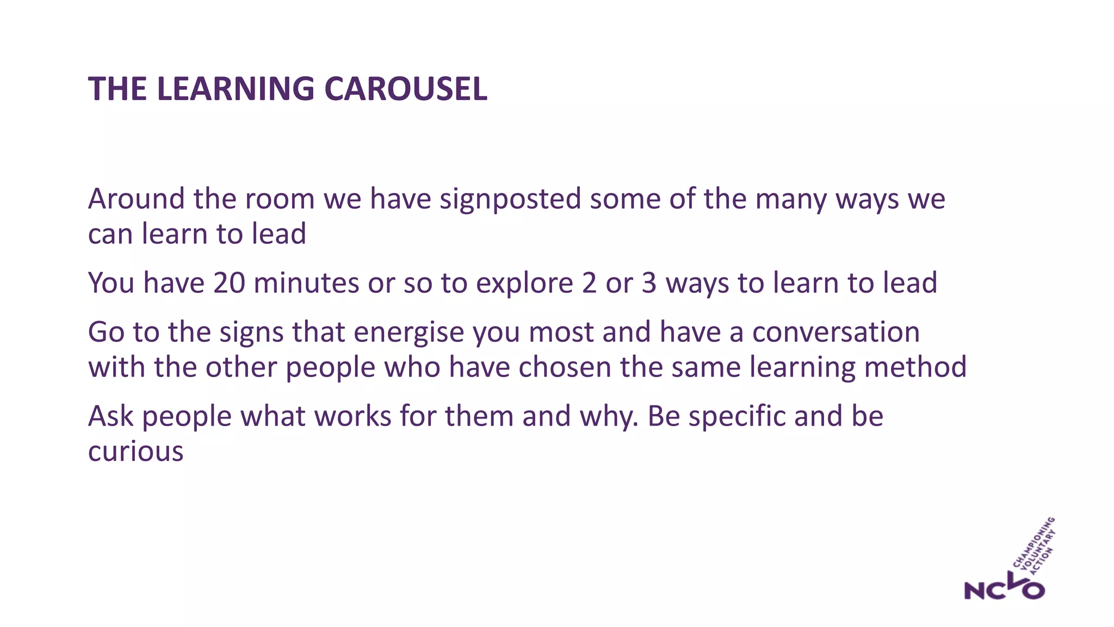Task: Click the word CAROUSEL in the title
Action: coord(406,89)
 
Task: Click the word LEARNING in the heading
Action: coord(236,89)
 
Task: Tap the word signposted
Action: coord(511,199)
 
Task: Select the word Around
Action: coord(137,199)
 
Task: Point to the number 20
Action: coord(229,283)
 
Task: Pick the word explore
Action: coord(524,283)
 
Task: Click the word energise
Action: coord(409,332)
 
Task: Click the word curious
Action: coord(136,452)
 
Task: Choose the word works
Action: coord(352,416)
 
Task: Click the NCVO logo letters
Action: coord(1004,588)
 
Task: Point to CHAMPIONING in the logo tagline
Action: coord(1033,542)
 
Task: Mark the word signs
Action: coord(251,332)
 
